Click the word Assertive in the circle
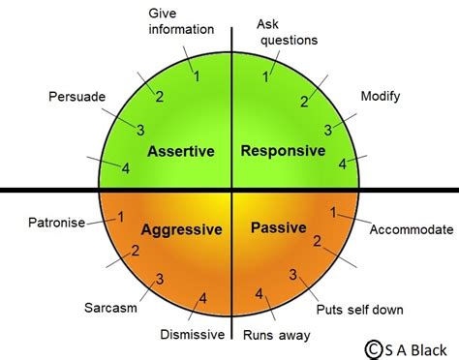[x=181, y=152]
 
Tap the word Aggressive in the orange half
[x=182, y=229]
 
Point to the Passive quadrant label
[x=279, y=228]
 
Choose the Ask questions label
[x=287, y=31]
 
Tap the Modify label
[x=380, y=97]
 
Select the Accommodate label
[x=412, y=229]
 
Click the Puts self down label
[x=360, y=310]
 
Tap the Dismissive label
[x=192, y=335]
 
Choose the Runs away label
[x=277, y=336]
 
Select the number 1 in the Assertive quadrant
[x=197, y=75]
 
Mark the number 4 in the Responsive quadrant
[x=342, y=164]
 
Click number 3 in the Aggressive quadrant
[x=159, y=279]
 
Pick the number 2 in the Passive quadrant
[x=316, y=241]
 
